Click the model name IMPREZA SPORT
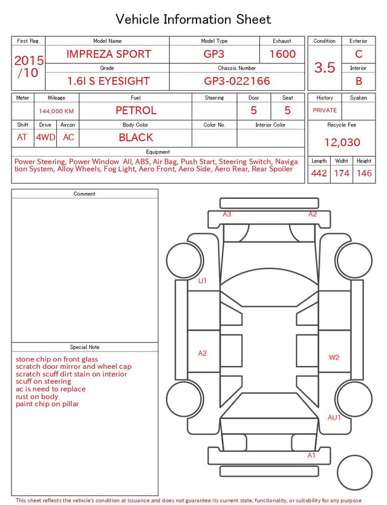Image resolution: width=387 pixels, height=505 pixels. click(x=109, y=54)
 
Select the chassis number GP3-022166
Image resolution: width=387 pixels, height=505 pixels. click(x=237, y=81)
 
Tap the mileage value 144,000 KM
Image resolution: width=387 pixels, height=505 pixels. click(x=56, y=111)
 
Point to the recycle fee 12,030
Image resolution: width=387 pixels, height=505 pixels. click(x=342, y=142)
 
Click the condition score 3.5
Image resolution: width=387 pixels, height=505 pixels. click(x=325, y=68)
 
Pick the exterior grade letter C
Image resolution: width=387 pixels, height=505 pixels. click(x=359, y=54)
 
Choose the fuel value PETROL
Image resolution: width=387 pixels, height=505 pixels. click(x=136, y=111)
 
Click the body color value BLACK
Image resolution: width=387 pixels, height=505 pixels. click(x=136, y=137)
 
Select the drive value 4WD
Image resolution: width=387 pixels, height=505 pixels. click(x=45, y=137)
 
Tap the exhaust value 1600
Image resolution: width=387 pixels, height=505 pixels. click(x=282, y=54)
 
